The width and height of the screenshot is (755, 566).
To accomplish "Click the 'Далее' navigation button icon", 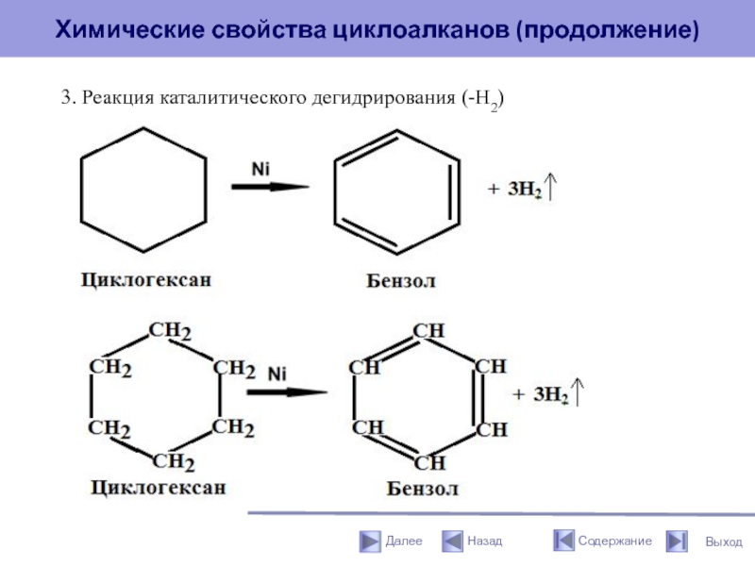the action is (x=369, y=541).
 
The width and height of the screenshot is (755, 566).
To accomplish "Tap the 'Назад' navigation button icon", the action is (x=452, y=541).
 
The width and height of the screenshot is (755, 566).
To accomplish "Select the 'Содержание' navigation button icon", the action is (x=563, y=541).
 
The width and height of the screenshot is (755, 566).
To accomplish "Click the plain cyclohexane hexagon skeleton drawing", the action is (x=143, y=190).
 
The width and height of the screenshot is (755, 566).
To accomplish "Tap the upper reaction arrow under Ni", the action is (x=270, y=187).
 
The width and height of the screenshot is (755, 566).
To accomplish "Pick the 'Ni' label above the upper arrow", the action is (x=260, y=168).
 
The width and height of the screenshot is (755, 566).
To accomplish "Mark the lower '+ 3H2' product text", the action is (x=540, y=394).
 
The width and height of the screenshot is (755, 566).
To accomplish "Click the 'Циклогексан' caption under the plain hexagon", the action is (x=144, y=279).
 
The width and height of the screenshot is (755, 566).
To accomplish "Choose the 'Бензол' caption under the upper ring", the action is (x=401, y=281).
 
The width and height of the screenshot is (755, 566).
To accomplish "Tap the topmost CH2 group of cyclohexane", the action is (x=171, y=332).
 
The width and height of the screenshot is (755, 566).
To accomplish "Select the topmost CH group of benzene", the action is (x=429, y=331).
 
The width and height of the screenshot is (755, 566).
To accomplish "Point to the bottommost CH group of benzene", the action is (x=429, y=462).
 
